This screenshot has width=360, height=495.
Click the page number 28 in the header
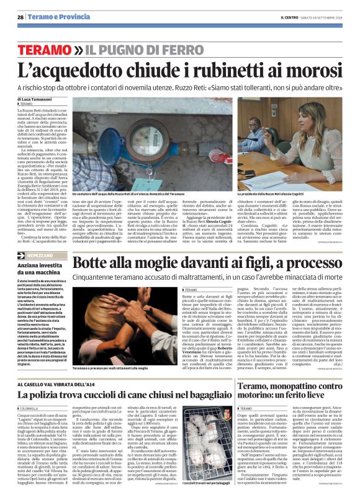click(20, 16)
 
